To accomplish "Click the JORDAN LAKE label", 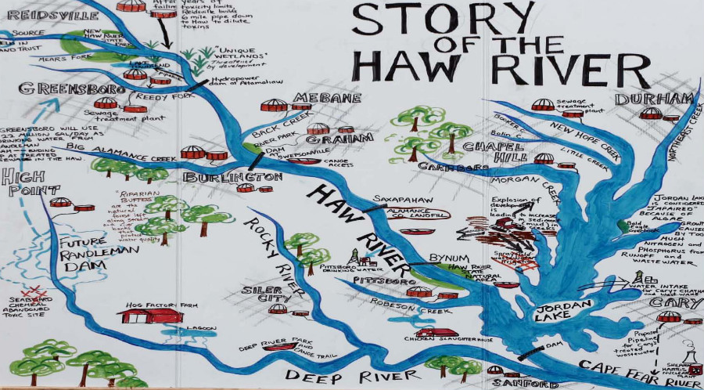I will point(556,312).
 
